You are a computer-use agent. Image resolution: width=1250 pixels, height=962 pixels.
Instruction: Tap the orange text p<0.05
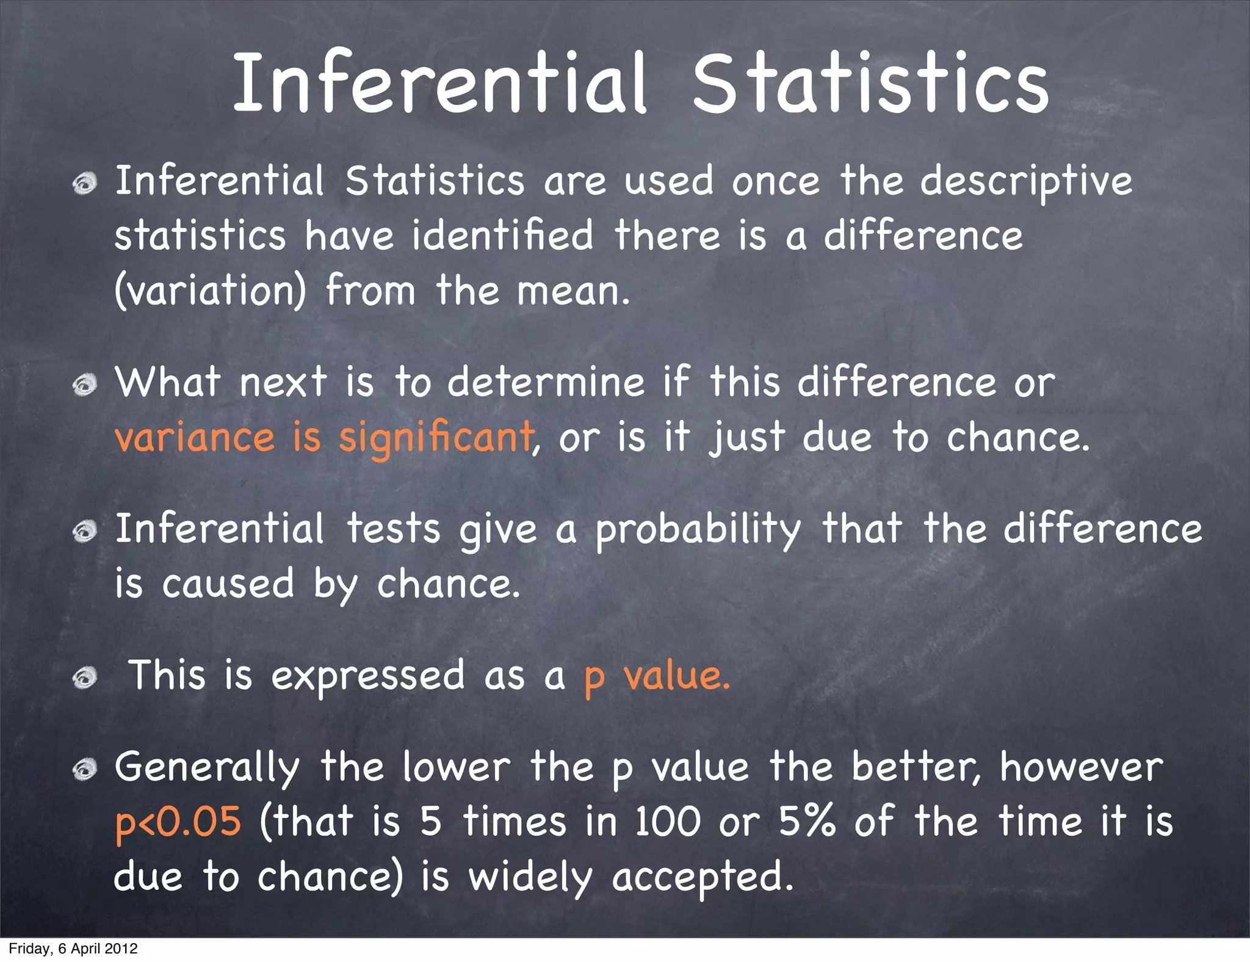click(178, 822)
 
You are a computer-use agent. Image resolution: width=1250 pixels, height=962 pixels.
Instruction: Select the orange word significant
click(436, 438)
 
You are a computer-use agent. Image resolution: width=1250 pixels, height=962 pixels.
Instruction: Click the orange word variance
click(195, 438)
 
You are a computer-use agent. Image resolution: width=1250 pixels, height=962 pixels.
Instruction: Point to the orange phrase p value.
click(657, 676)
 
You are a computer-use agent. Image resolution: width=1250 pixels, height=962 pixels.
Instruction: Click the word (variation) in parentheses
click(211, 291)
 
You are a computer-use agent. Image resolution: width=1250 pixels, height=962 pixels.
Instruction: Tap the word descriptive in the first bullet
click(1026, 181)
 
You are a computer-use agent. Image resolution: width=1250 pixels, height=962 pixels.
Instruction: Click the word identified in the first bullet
click(502, 236)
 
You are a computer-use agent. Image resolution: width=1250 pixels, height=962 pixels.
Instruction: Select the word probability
click(698, 529)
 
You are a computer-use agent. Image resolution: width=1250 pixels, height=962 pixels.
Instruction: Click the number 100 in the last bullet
click(667, 822)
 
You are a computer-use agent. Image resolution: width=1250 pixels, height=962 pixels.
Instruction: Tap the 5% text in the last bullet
click(807, 822)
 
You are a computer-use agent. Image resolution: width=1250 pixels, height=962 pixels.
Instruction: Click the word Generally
click(208, 768)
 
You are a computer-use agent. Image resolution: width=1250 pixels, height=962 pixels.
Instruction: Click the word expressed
click(367, 676)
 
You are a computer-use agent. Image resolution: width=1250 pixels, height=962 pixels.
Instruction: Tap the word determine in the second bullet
click(546, 383)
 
